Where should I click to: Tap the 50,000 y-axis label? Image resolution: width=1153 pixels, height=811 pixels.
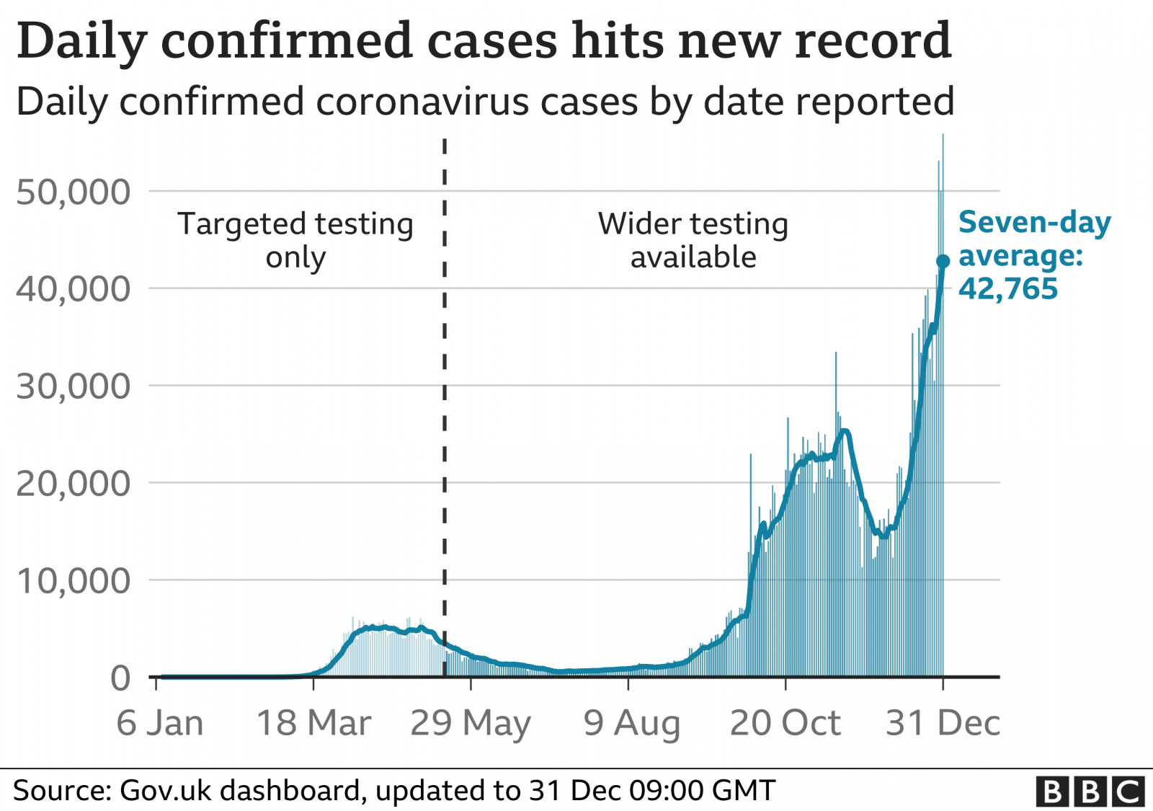point(74,192)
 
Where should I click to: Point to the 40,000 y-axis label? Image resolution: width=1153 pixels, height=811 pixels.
point(74,289)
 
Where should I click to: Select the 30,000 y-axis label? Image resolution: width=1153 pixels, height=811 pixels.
point(74,386)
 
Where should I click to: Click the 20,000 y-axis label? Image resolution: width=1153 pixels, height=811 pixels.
point(74,484)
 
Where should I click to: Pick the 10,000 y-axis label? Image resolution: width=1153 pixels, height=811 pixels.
point(74,581)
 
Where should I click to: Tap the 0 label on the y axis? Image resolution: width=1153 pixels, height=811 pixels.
point(120,678)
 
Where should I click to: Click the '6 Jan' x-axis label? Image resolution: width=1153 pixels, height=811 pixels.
point(160,723)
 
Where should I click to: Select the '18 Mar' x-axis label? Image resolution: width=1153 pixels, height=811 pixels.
point(313,723)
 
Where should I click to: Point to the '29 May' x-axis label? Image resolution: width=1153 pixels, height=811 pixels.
point(471,723)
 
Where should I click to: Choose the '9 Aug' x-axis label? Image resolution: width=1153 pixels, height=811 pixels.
point(631,723)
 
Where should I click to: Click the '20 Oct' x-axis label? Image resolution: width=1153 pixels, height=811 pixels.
point(785,723)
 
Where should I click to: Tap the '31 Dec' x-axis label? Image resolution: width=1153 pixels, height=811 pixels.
point(943,723)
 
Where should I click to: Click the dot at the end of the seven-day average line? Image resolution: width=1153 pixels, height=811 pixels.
point(943,261)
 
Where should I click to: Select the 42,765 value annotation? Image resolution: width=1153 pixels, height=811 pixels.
point(1007,289)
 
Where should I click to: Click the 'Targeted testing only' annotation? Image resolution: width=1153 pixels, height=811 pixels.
point(295,240)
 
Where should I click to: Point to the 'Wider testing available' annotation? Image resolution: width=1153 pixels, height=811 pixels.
point(693,240)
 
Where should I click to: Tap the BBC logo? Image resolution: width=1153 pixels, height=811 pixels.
point(1090,791)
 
